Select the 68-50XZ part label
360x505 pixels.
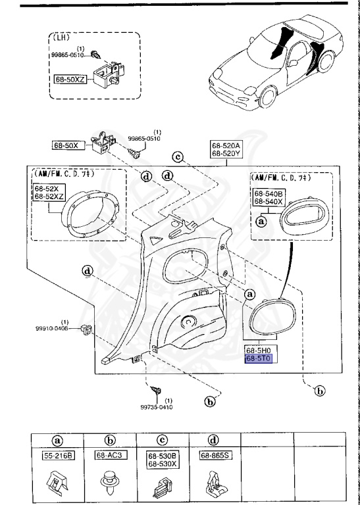[71, 78]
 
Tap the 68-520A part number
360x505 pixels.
[227, 146]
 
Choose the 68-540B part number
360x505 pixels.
[269, 193]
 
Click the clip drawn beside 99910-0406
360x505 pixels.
[85, 327]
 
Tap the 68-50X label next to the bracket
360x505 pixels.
[66, 145]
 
